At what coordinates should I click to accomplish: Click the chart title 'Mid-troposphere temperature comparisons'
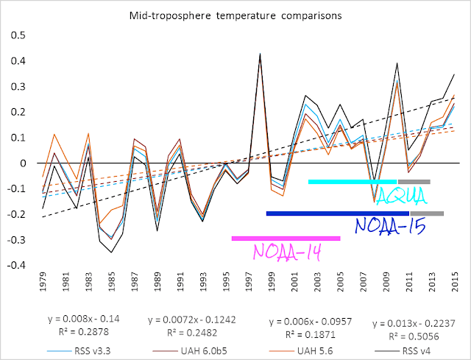[x=235, y=15]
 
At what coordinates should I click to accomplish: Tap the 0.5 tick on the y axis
[x=18, y=35]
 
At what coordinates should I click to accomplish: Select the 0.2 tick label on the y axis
[x=18, y=112]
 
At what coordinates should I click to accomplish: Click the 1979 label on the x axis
[x=43, y=282]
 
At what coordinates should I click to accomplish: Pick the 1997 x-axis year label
[x=249, y=282]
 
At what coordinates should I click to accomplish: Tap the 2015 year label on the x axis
[x=455, y=282]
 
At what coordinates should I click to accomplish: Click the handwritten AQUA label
[x=401, y=197]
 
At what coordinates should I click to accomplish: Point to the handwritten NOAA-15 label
[x=391, y=226]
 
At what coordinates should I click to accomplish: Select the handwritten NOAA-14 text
[x=288, y=252]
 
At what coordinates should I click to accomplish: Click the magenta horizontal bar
[x=286, y=239]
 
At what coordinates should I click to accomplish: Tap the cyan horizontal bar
[x=353, y=182]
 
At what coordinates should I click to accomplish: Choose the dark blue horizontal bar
[x=338, y=213]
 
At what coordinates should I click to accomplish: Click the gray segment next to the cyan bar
[x=414, y=182]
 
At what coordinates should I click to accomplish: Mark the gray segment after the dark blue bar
[x=427, y=213]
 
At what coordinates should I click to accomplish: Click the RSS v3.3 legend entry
[x=79, y=350]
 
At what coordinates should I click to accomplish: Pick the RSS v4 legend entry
[x=403, y=350]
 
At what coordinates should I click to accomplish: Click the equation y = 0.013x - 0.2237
[x=414, y=324]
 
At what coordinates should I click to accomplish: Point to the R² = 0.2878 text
[x=83, y=332]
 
